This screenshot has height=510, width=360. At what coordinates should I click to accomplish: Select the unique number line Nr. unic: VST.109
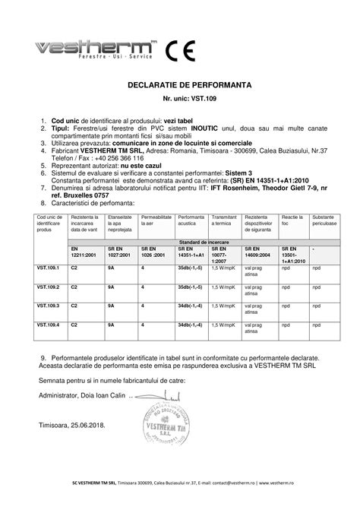pos(180,99)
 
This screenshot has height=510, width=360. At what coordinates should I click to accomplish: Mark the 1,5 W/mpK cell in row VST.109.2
pos(226,288)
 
